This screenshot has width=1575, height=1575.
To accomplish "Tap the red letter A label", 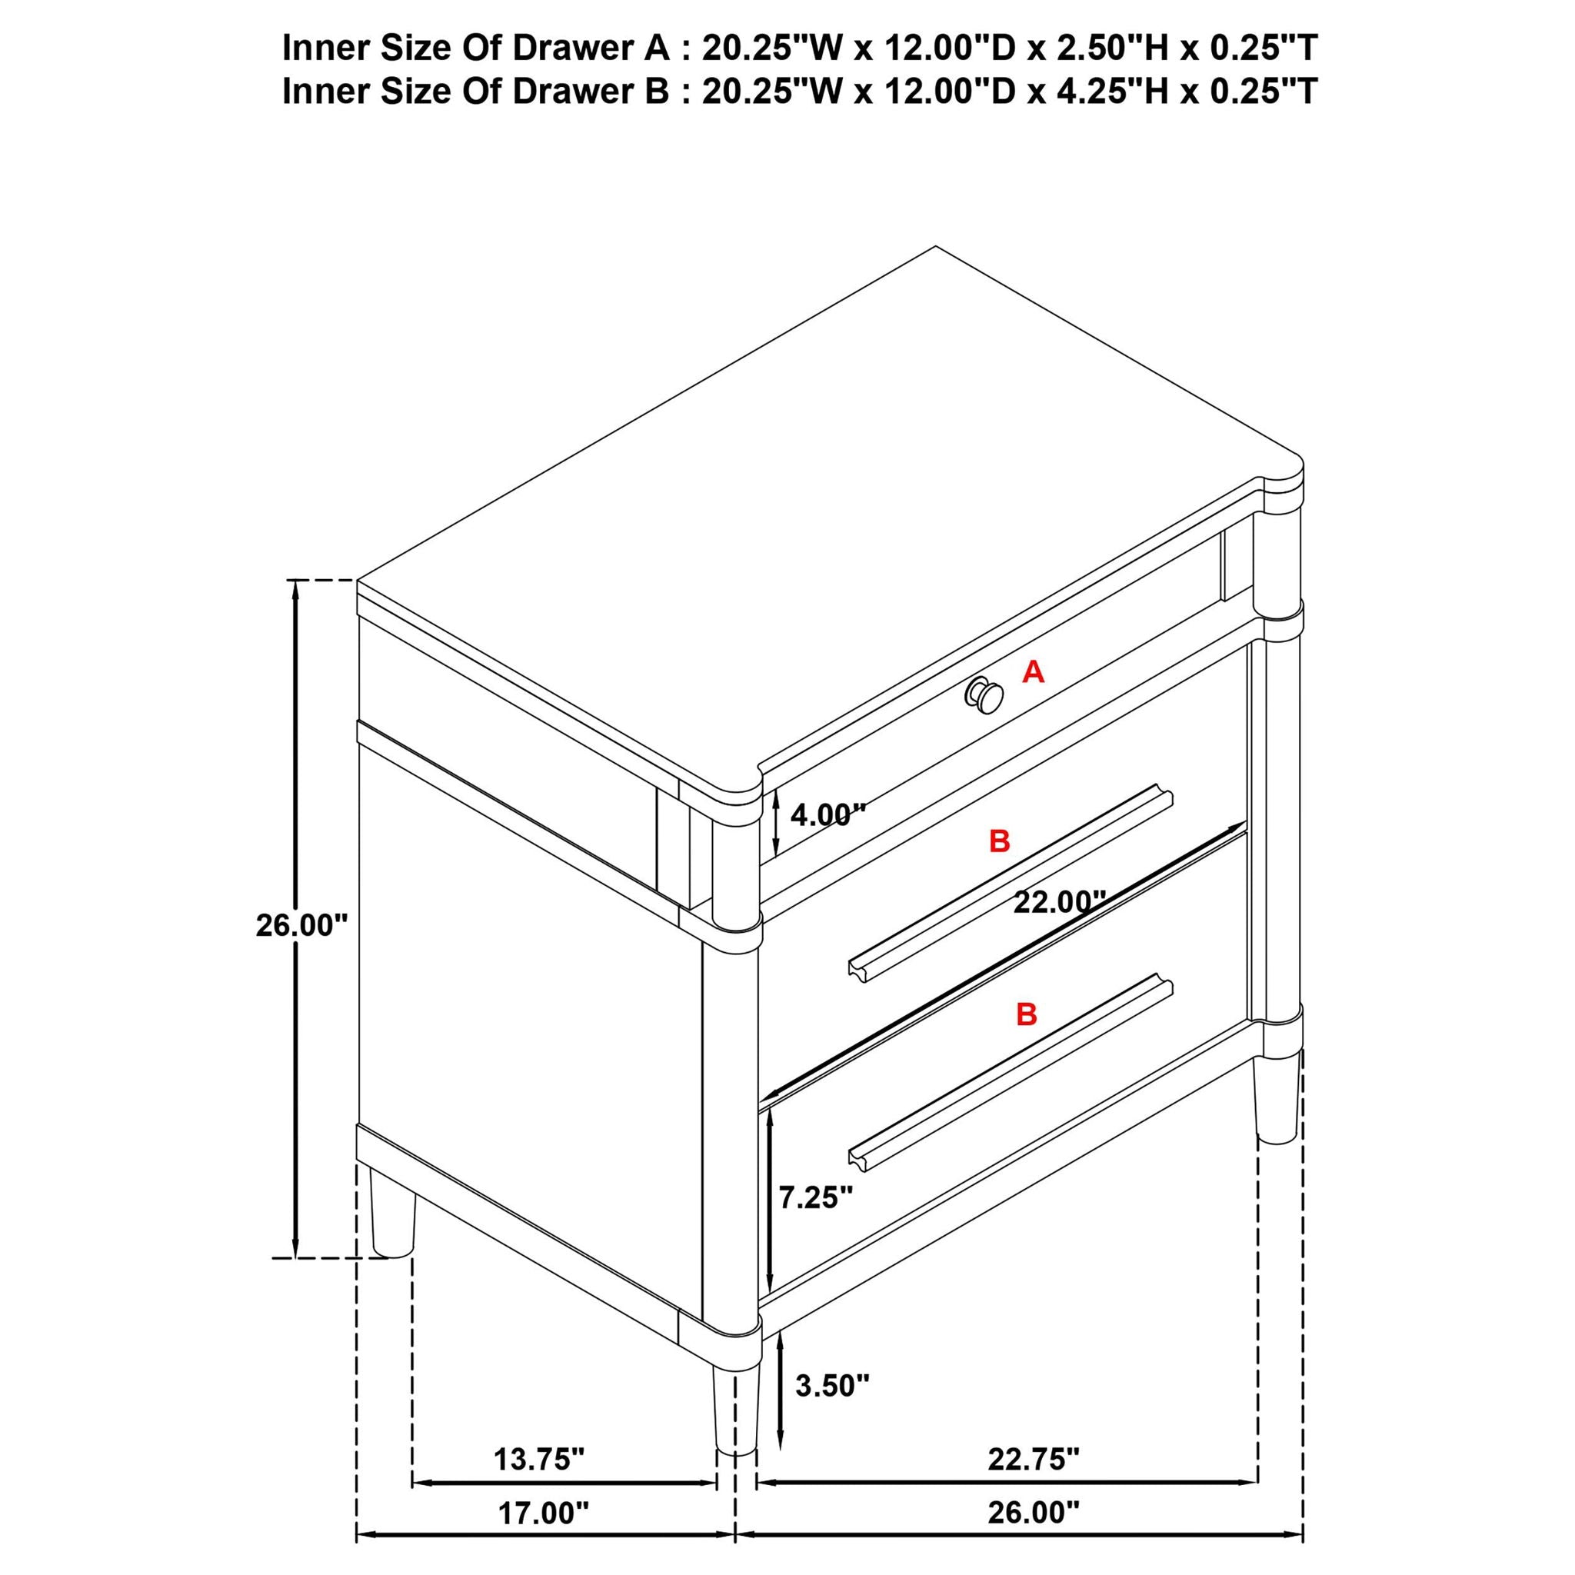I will pyautogui.click(x=1033, y=673).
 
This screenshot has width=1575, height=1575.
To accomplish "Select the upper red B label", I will pyautogui.click(x=1000, y=841).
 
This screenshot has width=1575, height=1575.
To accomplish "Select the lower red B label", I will pyautogui.click(x=1027, y=1015).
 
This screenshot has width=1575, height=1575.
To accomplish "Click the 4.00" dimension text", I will pyautogui.click(x=827, y=814).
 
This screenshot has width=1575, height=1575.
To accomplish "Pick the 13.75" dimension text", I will pyautogui.click(x=539, y=1459).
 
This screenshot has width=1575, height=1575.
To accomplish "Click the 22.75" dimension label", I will pyautogui.click(x=1034, y=1459).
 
